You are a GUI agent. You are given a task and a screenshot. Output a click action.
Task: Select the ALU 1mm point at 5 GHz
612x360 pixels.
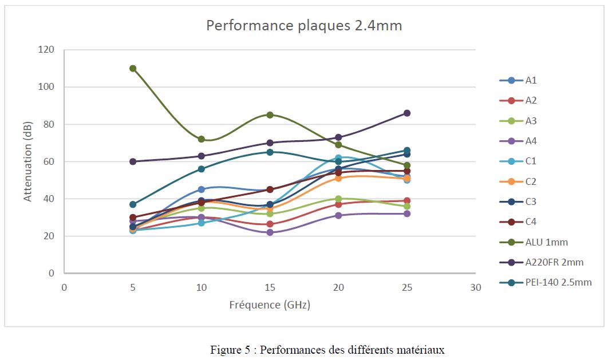click(133, 68)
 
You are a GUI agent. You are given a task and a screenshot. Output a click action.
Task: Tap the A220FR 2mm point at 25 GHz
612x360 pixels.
click(407, 113)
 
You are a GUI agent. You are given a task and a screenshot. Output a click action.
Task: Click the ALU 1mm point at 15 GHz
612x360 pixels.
click(270, 114)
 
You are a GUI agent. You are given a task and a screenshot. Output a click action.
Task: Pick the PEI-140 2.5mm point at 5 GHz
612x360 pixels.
click(133, 204)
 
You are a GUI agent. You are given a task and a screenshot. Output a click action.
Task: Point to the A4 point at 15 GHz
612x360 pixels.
click(270, 232)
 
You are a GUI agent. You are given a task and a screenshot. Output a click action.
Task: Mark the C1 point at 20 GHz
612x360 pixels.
click(338, 157)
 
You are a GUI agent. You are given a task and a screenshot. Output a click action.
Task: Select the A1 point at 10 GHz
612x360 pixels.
click(202, 189)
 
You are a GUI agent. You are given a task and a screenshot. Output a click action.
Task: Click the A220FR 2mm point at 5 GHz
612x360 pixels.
click(133, 161)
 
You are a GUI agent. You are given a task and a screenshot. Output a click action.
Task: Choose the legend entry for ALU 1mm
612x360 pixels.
click(547, 242)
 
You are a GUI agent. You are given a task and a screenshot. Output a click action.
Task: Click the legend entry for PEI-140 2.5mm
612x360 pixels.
click(558, 282)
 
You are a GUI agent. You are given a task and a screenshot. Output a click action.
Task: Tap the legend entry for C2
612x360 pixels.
click(531, 181)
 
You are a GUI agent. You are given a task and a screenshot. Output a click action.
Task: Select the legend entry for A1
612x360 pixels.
click(531, 81)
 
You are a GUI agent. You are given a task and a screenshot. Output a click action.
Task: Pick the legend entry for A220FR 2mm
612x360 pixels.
click(554, 262)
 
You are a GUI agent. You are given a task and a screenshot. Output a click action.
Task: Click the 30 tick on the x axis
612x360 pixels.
click(475, 287)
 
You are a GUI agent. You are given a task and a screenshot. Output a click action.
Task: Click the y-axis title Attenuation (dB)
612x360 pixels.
click(28, 161)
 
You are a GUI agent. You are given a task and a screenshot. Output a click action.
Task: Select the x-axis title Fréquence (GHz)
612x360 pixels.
click(270, 305)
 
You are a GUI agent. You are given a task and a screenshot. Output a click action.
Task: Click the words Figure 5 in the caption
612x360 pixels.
click(228, 349)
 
